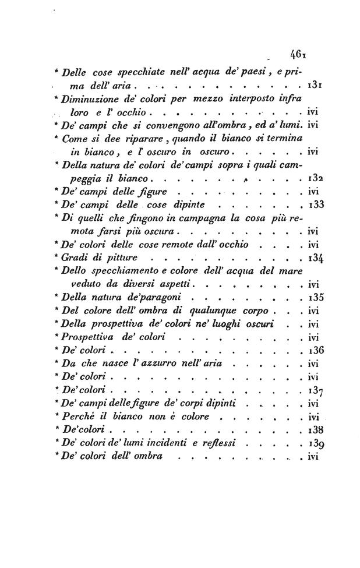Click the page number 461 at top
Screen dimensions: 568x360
click(x=299, y=56)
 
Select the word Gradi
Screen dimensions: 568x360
click(x=75, y=257)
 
